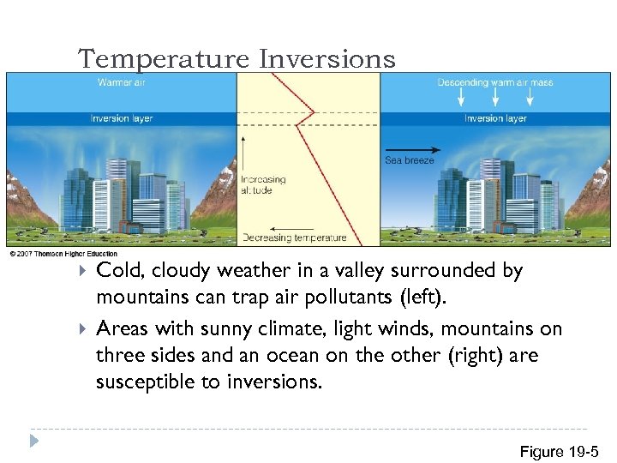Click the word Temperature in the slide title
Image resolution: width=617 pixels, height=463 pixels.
tap(164, 59)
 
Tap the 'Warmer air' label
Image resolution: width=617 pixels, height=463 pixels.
tap(121, 83)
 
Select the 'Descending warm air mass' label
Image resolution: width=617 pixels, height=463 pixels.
tap(494, 83)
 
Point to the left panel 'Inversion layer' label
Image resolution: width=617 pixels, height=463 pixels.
tap(122, 118)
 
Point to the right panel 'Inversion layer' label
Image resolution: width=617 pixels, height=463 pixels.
tap(494, 118)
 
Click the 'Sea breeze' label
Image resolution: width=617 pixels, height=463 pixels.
tap(409, 160)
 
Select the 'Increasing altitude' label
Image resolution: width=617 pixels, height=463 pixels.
tap(262, 185)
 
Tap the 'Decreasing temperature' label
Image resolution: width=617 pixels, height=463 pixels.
tap(295, 238)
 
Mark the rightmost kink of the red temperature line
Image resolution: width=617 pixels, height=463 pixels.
tap(314, 112)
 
